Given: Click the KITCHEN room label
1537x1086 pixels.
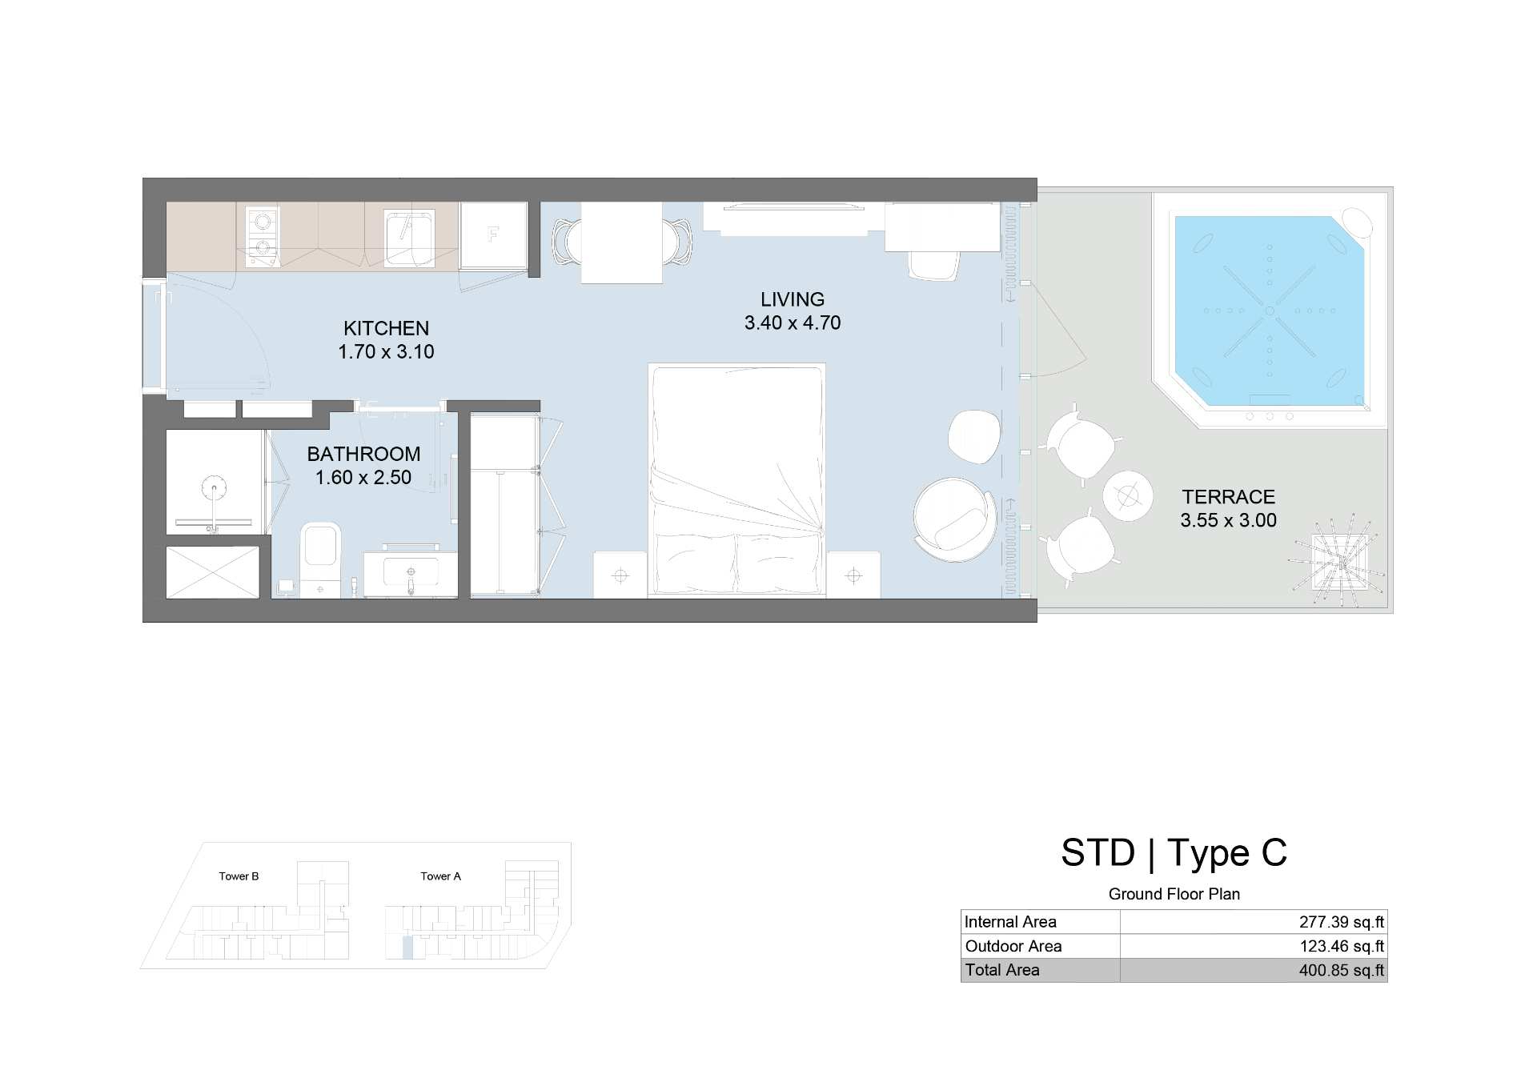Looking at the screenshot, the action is tap(386, 328).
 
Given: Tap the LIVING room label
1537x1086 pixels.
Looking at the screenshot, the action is tap(793, 299).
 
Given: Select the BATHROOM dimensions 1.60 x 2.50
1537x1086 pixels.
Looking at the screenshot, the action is tap(363, 478).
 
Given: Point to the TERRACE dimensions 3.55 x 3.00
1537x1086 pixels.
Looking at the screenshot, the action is tap(1228, 520).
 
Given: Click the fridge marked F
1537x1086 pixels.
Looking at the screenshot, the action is tap(493, 235).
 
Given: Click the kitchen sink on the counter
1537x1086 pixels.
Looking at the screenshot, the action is tap(409, 237).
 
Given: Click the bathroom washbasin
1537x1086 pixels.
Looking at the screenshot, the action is tap(411, 574).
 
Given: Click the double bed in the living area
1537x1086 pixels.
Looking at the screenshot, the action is tap(736, 481).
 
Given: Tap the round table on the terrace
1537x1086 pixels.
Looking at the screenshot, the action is tap(1128, 496).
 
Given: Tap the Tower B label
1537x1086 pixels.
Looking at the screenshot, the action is tap(239, 876).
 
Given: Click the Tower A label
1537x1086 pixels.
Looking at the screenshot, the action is tap(440, 876).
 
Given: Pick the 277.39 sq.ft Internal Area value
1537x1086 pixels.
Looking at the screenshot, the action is tap(1342, 922).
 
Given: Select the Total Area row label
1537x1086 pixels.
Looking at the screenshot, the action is tap(1002, 970).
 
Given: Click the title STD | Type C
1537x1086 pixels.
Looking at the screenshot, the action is tap(1174, 853).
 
